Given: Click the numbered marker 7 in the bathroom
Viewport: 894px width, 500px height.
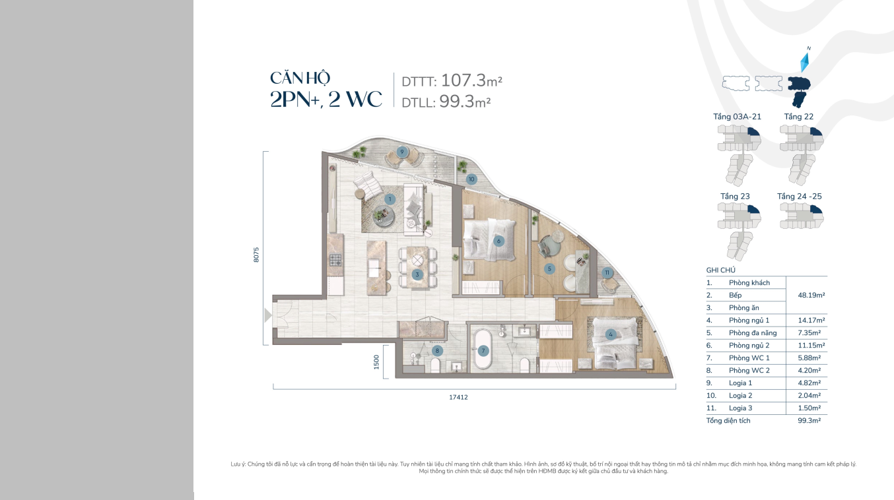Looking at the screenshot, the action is [483, 351].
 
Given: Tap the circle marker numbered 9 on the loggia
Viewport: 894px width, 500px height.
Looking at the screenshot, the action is [402, 152].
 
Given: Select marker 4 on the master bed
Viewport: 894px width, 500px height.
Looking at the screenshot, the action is [610, 334].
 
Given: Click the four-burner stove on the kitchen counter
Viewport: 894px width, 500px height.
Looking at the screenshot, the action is [335, 260].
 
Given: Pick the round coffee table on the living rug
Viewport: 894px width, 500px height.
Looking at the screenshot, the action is [384, 216].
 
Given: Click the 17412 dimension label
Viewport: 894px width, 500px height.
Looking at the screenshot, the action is [458, 397].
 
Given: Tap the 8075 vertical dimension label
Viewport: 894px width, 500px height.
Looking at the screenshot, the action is [256, 255].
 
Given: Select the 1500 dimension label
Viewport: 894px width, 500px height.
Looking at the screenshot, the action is [376, 362].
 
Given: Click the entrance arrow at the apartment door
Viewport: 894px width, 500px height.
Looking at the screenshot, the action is [268, 315].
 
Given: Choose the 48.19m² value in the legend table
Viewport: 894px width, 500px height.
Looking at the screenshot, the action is [811, 295].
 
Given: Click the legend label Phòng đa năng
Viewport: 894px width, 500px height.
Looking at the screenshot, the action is [753, 332].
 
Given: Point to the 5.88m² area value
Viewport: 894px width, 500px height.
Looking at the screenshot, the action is [809, 358].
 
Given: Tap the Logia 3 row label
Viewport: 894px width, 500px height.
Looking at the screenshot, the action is [740, 408].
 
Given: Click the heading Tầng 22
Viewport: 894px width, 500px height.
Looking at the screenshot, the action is [799, 117].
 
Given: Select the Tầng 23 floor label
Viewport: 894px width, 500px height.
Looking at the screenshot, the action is [735, 196].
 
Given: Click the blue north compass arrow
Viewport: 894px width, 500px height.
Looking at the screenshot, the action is [805, 63].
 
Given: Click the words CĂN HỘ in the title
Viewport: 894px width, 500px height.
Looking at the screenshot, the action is [300, 78].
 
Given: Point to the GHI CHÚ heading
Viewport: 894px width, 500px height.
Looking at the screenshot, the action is [721, 270].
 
